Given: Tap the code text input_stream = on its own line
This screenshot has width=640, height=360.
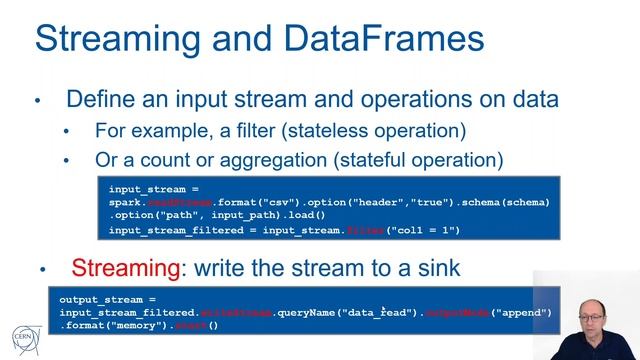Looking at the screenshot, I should (x=152, y=187).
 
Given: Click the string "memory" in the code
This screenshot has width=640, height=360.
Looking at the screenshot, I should (x=138, y=326).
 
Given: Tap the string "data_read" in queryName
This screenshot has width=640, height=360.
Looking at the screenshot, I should (x=381, y=313).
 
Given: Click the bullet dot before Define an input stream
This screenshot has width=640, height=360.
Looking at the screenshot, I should (x=38, y=101).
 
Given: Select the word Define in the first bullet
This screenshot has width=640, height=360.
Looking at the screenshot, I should (x=98, y=100).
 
